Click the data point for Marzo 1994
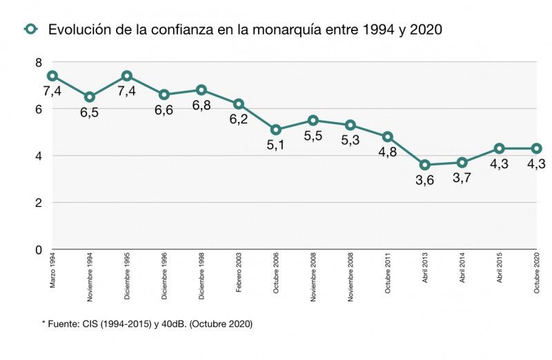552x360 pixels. [x=52, y=76]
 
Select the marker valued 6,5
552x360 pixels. [x=90, y=97]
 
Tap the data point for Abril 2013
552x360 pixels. [x=425, y=165]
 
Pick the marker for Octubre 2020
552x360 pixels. [x=537, y=148]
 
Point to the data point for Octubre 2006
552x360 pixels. [x=276, y=130]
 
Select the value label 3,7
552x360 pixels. [x=462, y=178]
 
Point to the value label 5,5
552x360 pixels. [x=313, y=136]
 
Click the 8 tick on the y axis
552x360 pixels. [x=39, y=62]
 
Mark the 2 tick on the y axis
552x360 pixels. [x=39, y=203]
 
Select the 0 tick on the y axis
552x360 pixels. [x=39, y=250]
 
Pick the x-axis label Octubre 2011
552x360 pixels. [x=388, y=275]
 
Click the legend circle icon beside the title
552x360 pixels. [x=30, y=29]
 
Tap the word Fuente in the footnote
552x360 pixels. [x=63, y=323]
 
